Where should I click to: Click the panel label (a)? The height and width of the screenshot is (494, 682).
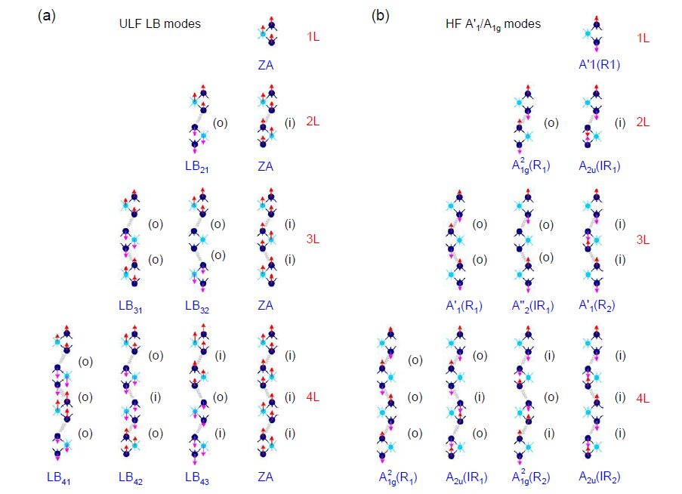46,16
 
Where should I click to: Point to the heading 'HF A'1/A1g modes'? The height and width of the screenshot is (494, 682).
492,24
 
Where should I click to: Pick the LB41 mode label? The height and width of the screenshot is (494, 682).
59,477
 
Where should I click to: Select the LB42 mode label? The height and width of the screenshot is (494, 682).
131,477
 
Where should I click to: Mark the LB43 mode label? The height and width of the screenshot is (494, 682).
197,477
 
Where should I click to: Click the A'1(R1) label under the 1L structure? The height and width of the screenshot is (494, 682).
600,66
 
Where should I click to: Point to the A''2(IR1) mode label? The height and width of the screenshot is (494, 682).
531,306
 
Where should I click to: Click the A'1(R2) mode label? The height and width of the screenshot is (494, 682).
600,306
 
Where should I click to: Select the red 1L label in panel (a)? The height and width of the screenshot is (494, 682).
313,37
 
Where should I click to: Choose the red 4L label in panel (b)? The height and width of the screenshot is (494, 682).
643,398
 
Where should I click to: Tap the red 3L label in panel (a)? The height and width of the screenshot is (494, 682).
313,239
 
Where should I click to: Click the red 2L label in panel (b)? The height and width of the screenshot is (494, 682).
643,122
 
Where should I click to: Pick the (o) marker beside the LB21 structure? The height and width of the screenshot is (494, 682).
219,122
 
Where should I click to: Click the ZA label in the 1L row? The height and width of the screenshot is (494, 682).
265,66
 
